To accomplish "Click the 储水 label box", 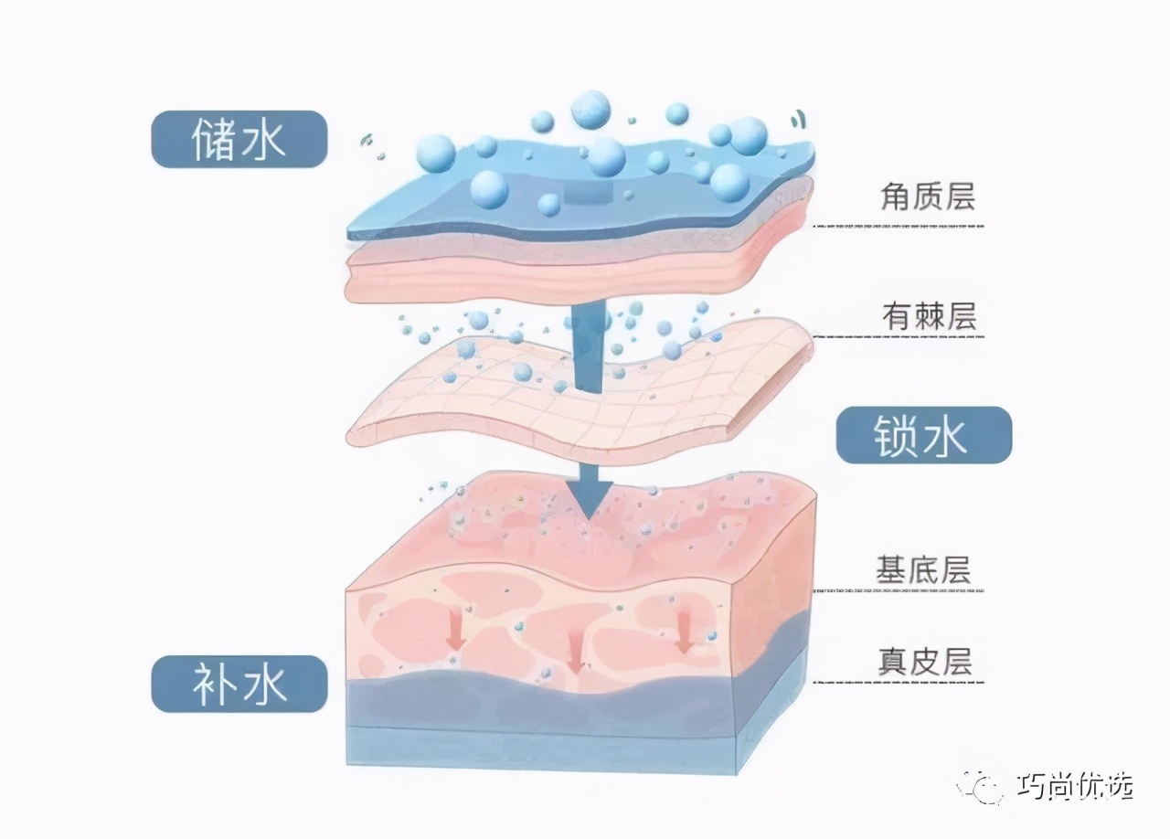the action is point(239,139).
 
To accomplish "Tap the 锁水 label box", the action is point(924,435).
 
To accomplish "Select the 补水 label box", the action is point(239,682).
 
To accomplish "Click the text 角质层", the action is point(927,196).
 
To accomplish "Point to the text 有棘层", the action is point(929,316).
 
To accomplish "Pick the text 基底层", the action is point(922,569).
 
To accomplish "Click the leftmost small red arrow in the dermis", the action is point(455,632).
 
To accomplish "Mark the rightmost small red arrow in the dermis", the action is point(683,632).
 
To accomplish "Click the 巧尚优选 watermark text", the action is point(1075,788).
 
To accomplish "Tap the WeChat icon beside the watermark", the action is point(987,789).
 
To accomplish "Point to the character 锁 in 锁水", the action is point(899,435).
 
